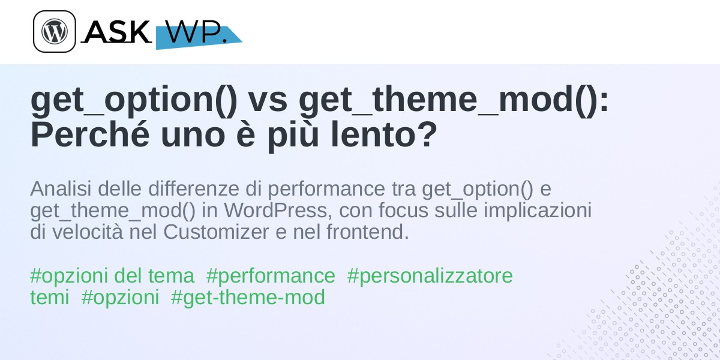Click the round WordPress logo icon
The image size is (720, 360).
click(55, 31)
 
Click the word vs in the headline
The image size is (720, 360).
click(268, 100)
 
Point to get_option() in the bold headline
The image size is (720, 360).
click(134, 100)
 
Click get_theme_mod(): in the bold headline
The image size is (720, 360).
click(454, 100)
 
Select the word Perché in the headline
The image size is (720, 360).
click(90, 134)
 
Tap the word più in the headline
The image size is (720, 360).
click(293, 136)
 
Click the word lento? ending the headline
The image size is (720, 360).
click(384, 134)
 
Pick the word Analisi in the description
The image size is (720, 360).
click(61, 188)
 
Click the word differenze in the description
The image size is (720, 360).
click(193, 188)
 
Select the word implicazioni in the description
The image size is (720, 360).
click(538, 211)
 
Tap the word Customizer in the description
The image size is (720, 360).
click(216, 232)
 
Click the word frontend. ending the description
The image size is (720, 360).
click(368, 232)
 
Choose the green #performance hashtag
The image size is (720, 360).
click(271, 277)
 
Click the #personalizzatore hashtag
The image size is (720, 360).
click(430, 277)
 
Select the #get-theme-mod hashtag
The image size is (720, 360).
click(248, 298)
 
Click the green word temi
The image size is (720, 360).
click(49, 298)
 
